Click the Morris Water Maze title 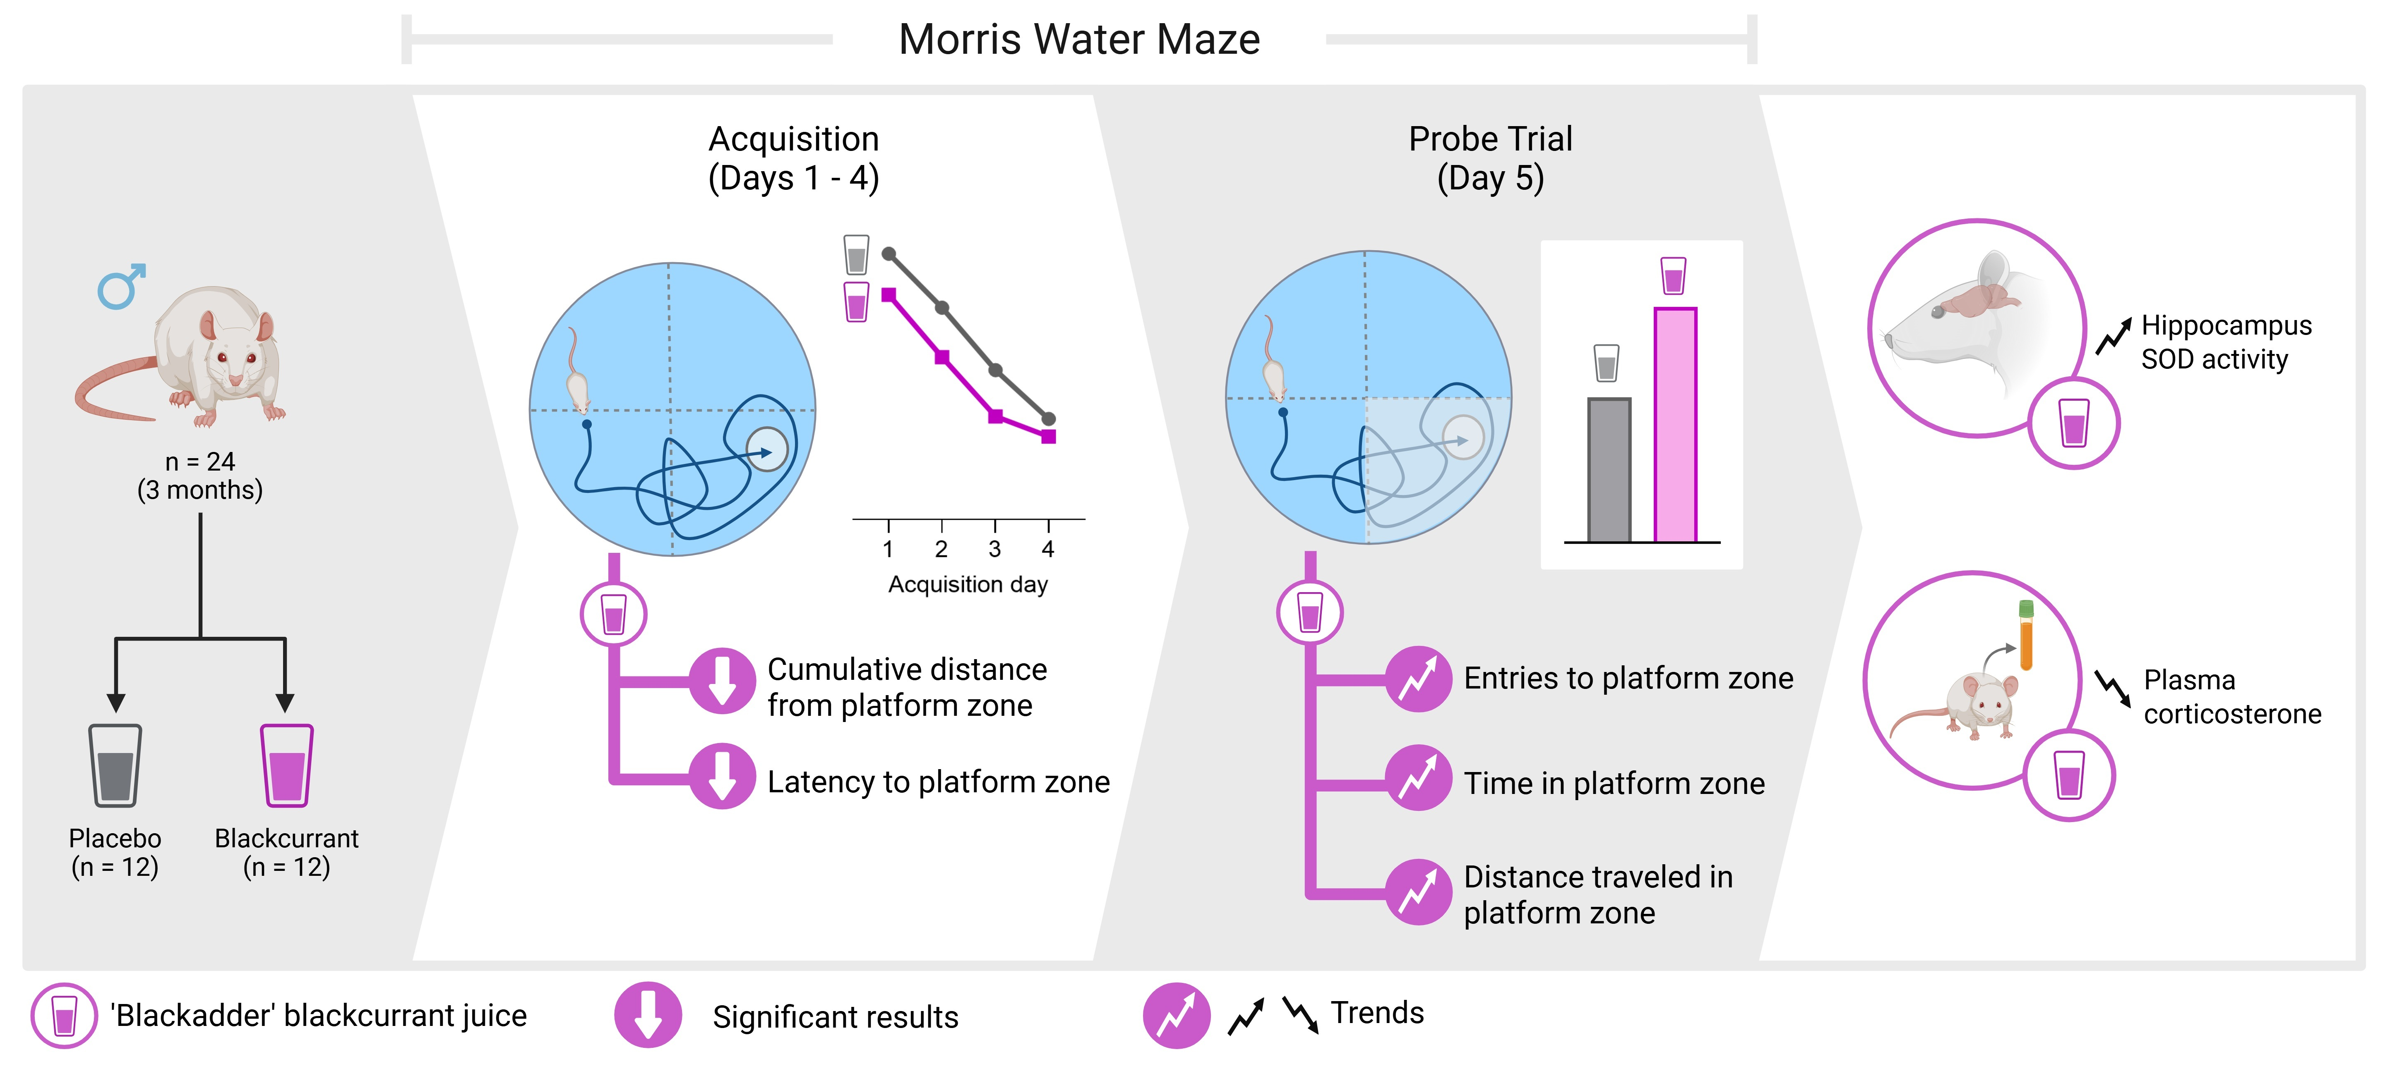[1079, 40]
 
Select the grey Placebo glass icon [115, 766]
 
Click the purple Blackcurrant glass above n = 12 [287, 766]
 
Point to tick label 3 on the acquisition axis [994, 550]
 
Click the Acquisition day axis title [968, 585]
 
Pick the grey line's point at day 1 [889, 253]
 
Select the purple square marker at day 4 [1048, 436]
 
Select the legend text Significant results [835, 1017]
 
